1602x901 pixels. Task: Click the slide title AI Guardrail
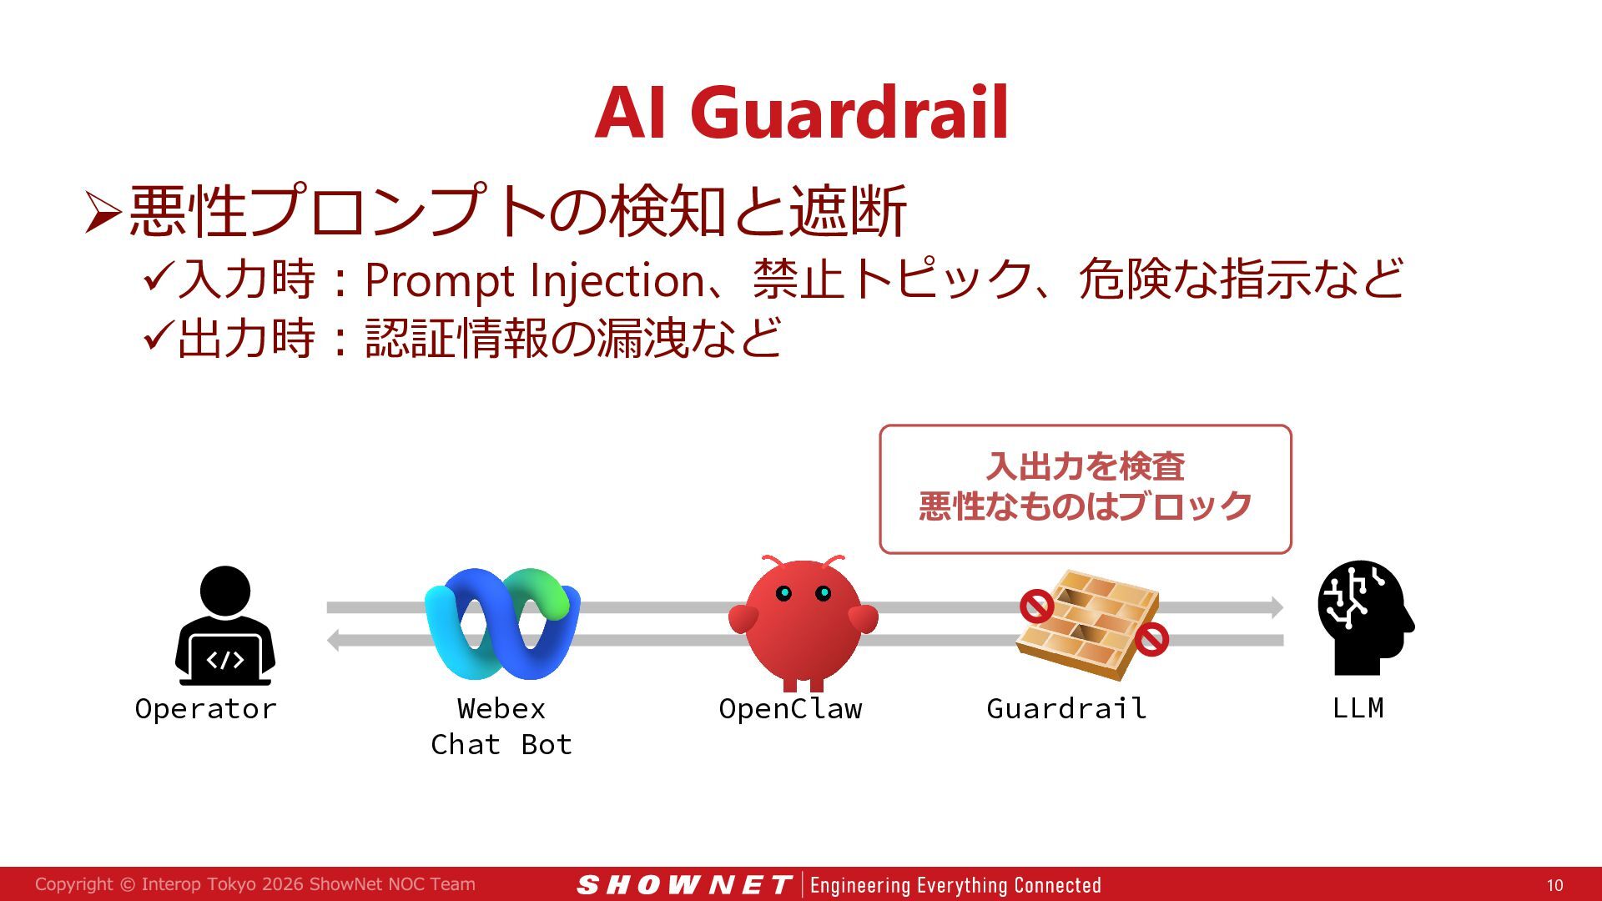coord(802,113)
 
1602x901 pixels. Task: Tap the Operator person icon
coord(225,625)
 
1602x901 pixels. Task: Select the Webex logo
coord(502,623)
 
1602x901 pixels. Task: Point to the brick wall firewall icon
coord(1089,624)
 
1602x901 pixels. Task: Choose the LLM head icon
coord(1365,617)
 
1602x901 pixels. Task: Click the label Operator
coord(205,708)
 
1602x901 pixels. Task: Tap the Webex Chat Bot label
coord(501,726)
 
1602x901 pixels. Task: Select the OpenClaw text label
coord(790,708)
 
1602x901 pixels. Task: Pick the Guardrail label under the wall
coord(1066,708)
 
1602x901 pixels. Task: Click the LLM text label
coord(1358,707)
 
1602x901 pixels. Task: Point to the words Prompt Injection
coord(535,280)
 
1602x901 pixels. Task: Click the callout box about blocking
coord(1086,489)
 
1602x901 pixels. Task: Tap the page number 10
coord(1554,885)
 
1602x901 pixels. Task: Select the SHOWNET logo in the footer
coord(684,885)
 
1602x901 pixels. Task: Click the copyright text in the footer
coord(255,884)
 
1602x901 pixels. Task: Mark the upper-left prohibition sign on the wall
coord(1036,607)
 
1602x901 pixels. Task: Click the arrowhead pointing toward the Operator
coord(334,640)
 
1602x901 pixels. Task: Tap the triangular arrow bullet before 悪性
coord(103,212)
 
